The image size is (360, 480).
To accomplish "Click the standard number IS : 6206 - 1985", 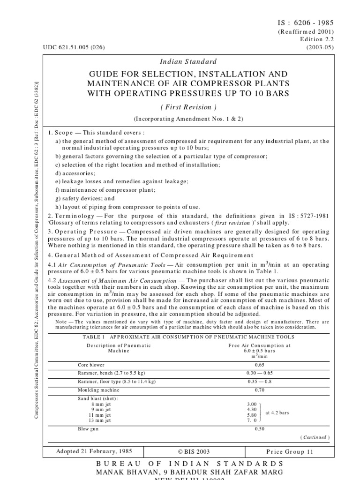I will (x=307, y=22).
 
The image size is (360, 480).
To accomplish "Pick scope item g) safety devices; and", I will (x=84, y=198).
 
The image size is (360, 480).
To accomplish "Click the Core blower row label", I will (x=91, y=364).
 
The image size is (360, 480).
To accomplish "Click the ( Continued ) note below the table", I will (x=315, y=437).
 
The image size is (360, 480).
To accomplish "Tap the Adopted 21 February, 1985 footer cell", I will (x=94, y=452).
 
